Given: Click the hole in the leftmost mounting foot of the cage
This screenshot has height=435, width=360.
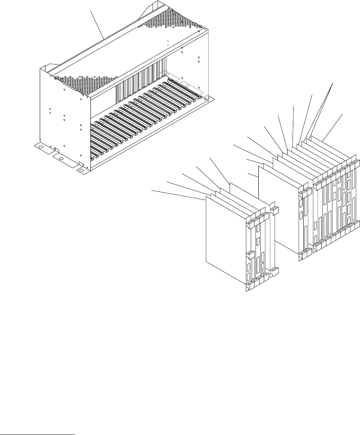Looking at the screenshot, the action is pyautogui.click(x=41, y=148).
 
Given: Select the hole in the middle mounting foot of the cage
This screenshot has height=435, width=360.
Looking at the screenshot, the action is pyautogui.click(x=61, y=159).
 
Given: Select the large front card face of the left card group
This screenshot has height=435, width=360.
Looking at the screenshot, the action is pyautogui.click(x=225, y=237).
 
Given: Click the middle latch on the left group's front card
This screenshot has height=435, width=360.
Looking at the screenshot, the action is pyautogui.click(x=249, y=254).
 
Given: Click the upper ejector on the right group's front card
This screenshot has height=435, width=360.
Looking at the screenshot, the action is pyautogui.click(x=305, y=192).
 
